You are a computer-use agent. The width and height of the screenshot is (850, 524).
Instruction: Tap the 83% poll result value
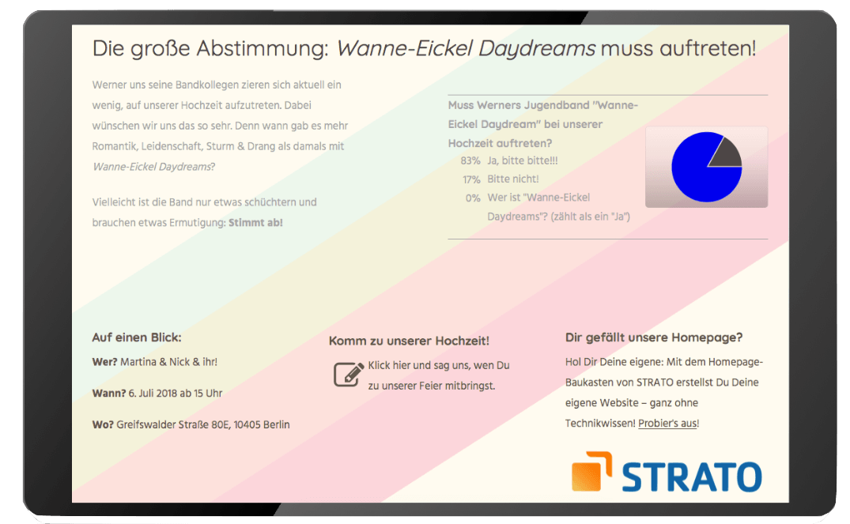pyautogui.click(x=470, y=161)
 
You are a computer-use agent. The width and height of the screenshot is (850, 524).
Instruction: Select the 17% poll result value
pyautogui.click(x=471, y=179)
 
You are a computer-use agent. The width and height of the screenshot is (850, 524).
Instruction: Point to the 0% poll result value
pyautogui.click(x=473, y=198)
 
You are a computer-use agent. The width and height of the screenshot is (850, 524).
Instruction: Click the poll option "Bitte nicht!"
pyautogui.click(x=513, y=179)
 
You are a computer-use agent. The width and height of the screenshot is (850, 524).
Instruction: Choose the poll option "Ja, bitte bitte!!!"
pyautogui.click(x=523, y=160)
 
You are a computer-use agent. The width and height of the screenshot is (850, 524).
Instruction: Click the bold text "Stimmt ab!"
pyautogui.click(x=256, y=223)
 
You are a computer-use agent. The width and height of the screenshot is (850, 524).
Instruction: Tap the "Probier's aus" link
pyautogui.click(x=668, y=423)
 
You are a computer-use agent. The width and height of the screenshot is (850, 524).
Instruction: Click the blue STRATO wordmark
pyautogui.click(x=692, y=477)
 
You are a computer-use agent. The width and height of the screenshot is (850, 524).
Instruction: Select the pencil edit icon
pyautogui.click(x=348, y=374)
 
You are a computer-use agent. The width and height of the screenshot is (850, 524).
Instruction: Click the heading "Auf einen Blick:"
pyautogui.click(x=137, y=337)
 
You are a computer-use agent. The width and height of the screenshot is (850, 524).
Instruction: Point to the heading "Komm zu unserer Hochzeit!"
pyautogui.click(x=409, y=341)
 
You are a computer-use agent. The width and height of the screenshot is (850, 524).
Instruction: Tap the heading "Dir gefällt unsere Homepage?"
pyautogui.click(x=654, y=337)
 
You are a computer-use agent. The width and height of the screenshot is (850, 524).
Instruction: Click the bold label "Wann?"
pyautogui.click(x=109, y=394)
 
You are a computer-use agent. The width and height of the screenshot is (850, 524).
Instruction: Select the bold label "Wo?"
pyautogui.click(x=103, y=425)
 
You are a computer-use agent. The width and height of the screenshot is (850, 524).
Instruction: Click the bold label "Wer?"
pyautogui.click(x=104, y=362)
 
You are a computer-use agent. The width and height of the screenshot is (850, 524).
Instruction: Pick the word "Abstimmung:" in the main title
pyautogui.click(x=263, y=49)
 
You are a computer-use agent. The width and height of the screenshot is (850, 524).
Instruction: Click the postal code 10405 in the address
pyautogui.click(x=247, y=425)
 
